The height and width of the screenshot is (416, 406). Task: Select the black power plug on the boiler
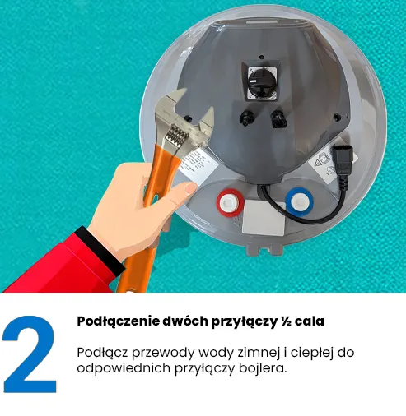tap(340, 159)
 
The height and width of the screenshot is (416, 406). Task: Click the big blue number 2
tap(30, 354)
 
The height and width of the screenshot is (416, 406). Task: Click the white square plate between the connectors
tap(264, 217)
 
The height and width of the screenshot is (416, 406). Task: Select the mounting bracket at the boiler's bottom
tap(264, 248)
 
